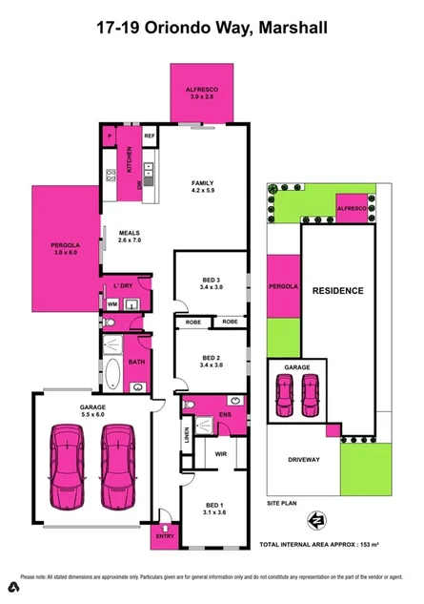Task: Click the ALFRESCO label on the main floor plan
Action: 202,93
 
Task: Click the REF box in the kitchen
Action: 150,136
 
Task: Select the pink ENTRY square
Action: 165,536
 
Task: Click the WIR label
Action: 219,454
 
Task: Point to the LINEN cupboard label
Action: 187,434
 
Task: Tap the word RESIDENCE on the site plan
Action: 337,290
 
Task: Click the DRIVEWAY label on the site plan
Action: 303,459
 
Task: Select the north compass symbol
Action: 314,520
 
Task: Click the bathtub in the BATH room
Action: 111,373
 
